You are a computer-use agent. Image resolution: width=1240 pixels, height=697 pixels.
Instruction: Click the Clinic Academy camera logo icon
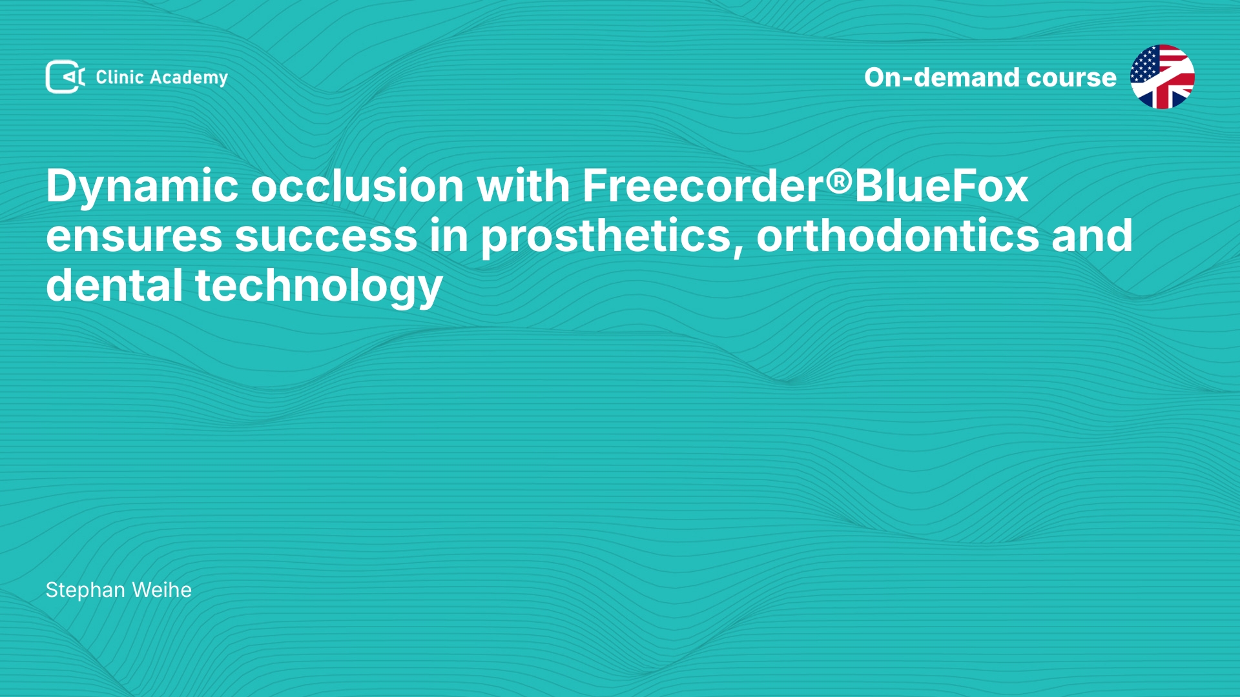(65, 77)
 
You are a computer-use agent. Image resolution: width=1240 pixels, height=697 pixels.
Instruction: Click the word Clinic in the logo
(119, 77)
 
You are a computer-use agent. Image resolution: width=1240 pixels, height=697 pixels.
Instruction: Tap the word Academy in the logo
(189, 78)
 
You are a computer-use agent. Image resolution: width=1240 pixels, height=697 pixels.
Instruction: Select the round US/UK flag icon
(1162, 77)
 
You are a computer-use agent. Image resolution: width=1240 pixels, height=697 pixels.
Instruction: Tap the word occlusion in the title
(357, 186)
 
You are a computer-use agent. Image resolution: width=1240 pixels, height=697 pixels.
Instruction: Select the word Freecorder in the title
(703, 186)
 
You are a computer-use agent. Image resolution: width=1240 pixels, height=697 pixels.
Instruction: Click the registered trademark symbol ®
(840, 182)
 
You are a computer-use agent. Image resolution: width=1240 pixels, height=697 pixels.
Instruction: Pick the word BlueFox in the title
(941, 186)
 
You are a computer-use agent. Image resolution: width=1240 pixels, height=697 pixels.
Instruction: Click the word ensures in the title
(134, 237)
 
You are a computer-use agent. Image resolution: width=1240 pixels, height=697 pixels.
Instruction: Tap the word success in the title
(326, 237)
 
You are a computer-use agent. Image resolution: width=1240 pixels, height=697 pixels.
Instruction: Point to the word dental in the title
(114, 285)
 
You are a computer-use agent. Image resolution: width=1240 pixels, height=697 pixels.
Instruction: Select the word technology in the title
(318, 287)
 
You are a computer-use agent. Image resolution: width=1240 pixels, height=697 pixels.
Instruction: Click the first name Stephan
(85, 591)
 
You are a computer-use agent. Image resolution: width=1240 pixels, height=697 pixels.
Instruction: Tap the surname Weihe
(161, 590)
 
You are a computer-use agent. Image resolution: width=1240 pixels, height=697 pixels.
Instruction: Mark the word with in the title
(523, 186)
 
